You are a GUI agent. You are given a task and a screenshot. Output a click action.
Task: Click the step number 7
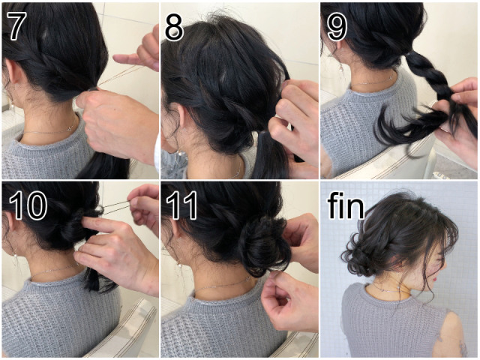click(15, 27)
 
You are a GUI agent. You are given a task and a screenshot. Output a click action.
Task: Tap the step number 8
click(174, 27)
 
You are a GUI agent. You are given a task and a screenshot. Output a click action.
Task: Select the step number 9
click(337, 27)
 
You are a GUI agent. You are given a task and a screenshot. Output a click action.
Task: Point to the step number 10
click(28, 205)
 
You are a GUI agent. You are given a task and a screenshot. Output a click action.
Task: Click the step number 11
click(181, 205)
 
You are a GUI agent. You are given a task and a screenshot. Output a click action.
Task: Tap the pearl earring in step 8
click(181, 152)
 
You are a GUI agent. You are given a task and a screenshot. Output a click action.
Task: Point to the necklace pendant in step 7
click(70, 129)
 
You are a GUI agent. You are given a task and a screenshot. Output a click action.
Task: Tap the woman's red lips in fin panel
click(435, 279)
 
